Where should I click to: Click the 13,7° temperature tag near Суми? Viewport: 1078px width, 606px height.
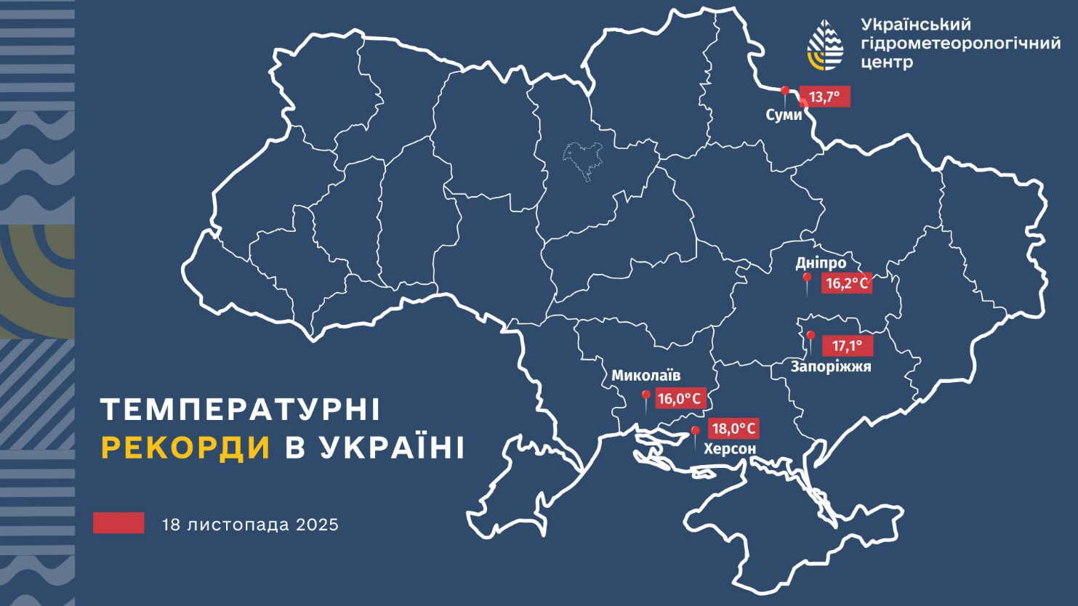pyautogui.click(x=824, y=97)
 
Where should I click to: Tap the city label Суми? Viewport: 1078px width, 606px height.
pyautogui.click(x=784, y=115)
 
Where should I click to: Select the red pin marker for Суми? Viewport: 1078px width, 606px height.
pyautogui.click(x=785, y=92)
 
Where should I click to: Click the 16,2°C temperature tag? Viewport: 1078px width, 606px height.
pyautogui.click(x=847, y=283)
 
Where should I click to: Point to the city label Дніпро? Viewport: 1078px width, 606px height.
pyautogui.click(x=821, y=263)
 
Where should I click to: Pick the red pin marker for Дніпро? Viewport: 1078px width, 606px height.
pyautogui.click(x=807, y=279)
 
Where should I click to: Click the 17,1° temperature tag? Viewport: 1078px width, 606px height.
pyautogui.click(x=847, y=346)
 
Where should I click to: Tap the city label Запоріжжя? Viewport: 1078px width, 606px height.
pyautogui.click(x=831, y=367)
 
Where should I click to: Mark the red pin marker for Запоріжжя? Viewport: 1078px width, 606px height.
pyautogui.click(x=810, y=337)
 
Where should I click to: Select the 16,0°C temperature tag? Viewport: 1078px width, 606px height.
pyautogui.click(x=680, y=398)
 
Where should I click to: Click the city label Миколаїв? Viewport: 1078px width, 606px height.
pyautogui.click(x=645, y=376)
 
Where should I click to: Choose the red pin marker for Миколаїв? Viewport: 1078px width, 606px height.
pyautogui.click(x=645, y=397)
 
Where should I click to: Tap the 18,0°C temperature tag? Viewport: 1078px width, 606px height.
pyautogui.click(x=733, y=429)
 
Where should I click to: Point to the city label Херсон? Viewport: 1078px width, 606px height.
pyautogui.click(x=730, y=449)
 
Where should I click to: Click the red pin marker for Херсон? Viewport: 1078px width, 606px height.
pyautogui.click(x=695, y=432)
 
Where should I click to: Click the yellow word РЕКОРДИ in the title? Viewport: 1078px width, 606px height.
pyautogui.click(x=185, y=448)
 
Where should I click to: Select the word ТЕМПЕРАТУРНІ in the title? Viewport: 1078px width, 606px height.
pyautogui.click(x=241, y=410)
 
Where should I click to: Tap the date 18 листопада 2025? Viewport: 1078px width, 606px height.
pyautogui.click(x=250, y=525)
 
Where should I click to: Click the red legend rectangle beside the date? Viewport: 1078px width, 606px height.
pyautogui.click(x=118, y=523)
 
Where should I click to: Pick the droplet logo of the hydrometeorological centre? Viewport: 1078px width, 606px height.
pyautogui.click(x=826, y=45)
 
